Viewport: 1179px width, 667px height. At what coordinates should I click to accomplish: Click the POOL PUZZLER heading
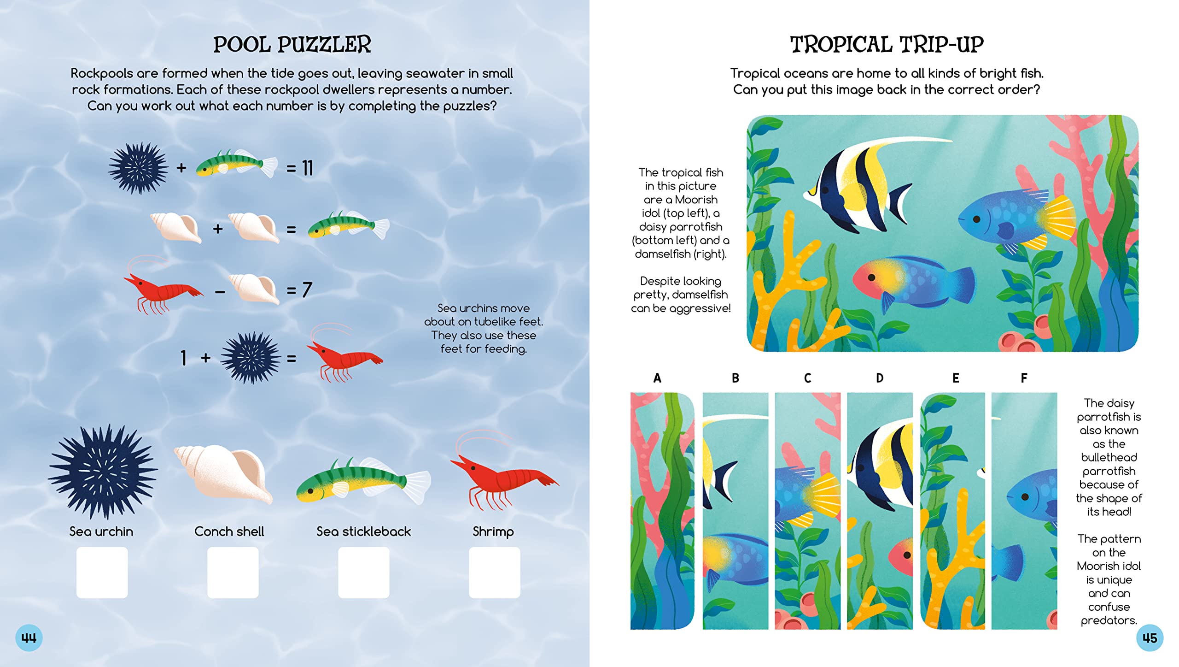292,45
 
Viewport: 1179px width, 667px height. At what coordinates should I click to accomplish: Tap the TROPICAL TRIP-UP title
887,45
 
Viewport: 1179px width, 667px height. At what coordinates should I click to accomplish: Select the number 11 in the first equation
307,168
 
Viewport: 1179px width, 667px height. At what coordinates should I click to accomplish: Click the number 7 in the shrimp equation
307,290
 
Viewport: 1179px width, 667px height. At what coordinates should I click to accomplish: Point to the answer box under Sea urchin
102,573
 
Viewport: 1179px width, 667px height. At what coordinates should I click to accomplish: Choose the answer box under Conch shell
233,573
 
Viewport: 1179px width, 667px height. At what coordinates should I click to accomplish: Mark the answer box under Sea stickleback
363,573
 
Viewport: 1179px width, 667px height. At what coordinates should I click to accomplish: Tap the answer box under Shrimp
494,573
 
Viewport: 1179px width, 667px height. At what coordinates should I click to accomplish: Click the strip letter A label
657,378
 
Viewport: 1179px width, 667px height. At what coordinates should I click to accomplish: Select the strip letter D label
880,378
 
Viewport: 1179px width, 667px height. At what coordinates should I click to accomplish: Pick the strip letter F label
1024,378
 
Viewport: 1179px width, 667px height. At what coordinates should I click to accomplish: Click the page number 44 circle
29,638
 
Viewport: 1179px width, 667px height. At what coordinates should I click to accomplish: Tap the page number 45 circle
1150,638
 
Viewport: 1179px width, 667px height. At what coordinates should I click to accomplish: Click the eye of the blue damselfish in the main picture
976,219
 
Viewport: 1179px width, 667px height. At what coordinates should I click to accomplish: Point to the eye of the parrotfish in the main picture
871,277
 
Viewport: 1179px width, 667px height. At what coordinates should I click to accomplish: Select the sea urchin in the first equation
138,168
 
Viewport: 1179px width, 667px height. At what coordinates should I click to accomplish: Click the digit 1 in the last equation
183,358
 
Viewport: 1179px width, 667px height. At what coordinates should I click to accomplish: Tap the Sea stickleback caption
363,531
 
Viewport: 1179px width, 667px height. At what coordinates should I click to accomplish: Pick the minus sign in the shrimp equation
220,292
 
